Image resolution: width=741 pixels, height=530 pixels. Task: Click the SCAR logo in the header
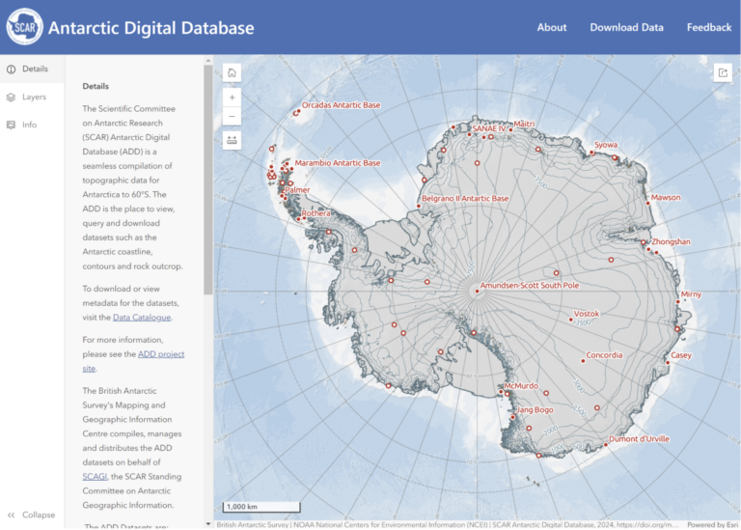coord(24,27)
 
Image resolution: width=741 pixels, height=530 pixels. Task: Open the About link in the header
coord(551,27)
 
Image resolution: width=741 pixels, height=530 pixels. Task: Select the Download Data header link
coord(626,27)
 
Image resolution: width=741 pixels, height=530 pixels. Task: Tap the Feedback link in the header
coord(708,27)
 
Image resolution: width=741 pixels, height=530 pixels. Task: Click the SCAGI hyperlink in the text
coord(95,476)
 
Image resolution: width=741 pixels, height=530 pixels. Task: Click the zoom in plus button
coord(232,98)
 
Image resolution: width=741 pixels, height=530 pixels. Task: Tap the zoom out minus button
coord(232,117)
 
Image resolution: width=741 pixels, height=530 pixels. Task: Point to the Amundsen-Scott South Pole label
coord(530,286)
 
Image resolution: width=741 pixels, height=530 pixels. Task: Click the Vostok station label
coord(587,314)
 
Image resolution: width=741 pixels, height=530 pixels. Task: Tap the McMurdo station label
coord(521,385)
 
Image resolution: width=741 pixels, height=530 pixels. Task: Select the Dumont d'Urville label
coord(640,439)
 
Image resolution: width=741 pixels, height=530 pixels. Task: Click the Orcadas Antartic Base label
coord(341,105)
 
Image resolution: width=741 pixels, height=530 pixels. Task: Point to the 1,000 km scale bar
coord(261,506)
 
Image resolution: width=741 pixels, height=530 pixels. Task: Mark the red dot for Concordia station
coord(583,361)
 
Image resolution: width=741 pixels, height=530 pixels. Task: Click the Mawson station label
coord(666,198)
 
